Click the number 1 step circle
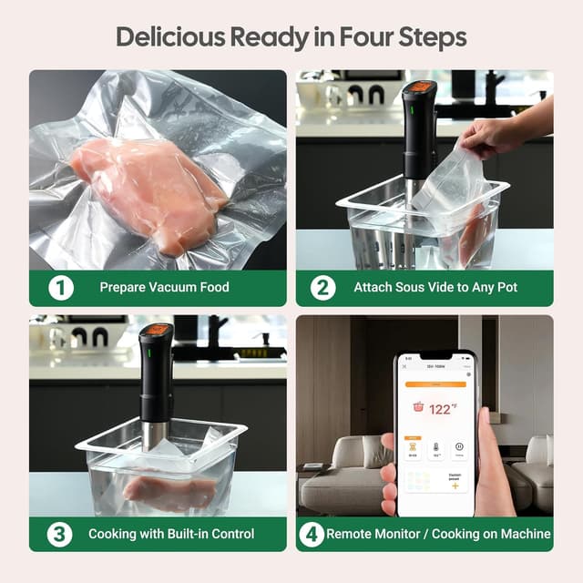coord(60,288)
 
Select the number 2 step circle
coord(323,288)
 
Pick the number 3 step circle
coord(60,533)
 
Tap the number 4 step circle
coord(312,533)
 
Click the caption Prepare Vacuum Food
coord(164,288)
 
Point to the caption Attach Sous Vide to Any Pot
coord(435,288)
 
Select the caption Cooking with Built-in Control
coord(171,533)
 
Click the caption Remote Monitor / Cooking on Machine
coord(438,533)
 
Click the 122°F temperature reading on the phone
coord(442,409)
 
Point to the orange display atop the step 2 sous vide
coord(421,88)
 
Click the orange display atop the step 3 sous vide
coord(156,330)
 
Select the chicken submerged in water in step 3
coord(169,492)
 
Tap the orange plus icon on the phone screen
coord(455,486)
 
